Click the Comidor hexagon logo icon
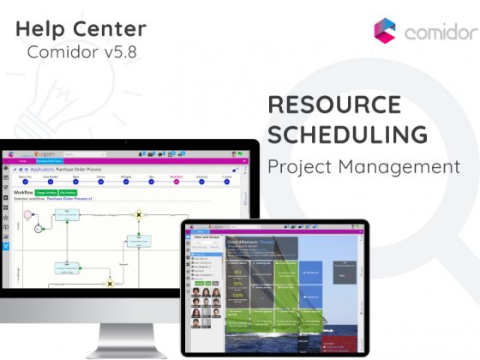385,31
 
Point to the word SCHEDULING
348,135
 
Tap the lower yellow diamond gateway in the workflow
109,283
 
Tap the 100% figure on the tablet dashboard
237,294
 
